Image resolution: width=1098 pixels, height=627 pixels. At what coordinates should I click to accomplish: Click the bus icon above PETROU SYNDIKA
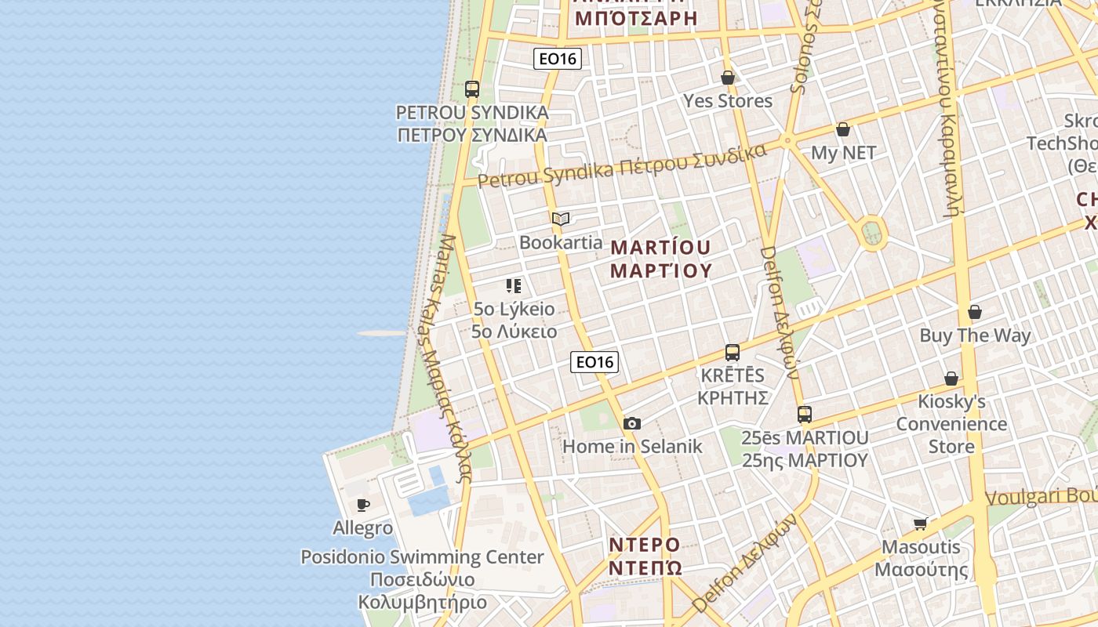[x=471, y=89]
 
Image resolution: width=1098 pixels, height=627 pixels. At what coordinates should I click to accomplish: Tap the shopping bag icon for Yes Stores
[x=728, y=78]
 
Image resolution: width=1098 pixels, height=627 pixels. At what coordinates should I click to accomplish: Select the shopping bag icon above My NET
[x=843, y=129]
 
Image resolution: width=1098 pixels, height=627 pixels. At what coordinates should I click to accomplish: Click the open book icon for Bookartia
[x=561, y=219]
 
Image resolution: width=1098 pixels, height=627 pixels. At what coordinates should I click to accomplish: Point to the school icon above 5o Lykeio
[x=514, y=286]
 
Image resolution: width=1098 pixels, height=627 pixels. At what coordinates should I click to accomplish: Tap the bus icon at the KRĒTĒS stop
[x=733, y=353]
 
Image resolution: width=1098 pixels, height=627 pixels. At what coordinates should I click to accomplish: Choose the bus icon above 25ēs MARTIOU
[x=805, y=415]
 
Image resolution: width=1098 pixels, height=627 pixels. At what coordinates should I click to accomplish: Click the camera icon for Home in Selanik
[x=632, y=424]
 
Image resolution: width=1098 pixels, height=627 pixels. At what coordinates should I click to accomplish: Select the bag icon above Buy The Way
[x=975, y=313]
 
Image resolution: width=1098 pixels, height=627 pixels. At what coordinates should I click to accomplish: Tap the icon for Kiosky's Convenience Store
[x=951, y=379]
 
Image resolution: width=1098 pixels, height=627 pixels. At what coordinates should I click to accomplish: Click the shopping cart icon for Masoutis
[x=921, y=524]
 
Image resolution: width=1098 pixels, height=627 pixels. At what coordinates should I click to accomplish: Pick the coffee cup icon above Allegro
[x=362, y=505]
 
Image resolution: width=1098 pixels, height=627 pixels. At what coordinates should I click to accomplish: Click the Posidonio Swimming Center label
[x=422, y=557]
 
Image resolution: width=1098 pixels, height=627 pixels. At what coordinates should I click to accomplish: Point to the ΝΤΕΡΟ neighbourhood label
[x=645, y=545]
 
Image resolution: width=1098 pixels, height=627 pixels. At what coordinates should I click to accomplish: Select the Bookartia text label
[x=561, y=242]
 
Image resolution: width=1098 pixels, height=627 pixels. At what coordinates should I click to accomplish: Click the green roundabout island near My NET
[x=871, y=233]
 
